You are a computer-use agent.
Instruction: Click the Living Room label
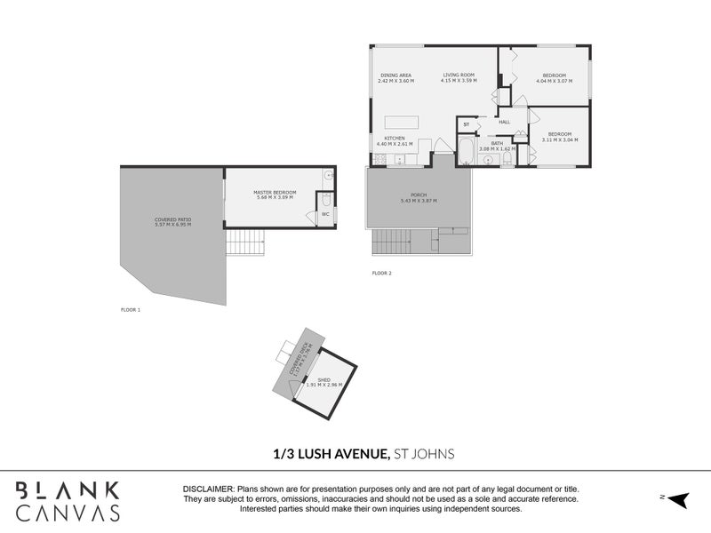coord(459,75)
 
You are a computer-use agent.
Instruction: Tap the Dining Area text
coord(395,75)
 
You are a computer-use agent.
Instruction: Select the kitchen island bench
coord(403,123)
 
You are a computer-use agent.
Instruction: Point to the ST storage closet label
coord(466,124)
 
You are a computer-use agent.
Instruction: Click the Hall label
coord(504,122)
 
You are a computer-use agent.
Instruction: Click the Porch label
coord(418,195)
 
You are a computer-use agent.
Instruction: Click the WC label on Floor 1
coord(324,214)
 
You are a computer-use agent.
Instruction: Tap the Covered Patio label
coord(172,219)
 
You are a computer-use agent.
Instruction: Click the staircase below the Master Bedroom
coord(245,242)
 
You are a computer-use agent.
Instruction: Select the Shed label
coord(324,379)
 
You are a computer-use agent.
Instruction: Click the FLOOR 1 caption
coord(131,310)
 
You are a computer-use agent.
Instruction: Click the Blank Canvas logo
coord(68,501)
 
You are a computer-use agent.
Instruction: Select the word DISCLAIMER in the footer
coord(208,489)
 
